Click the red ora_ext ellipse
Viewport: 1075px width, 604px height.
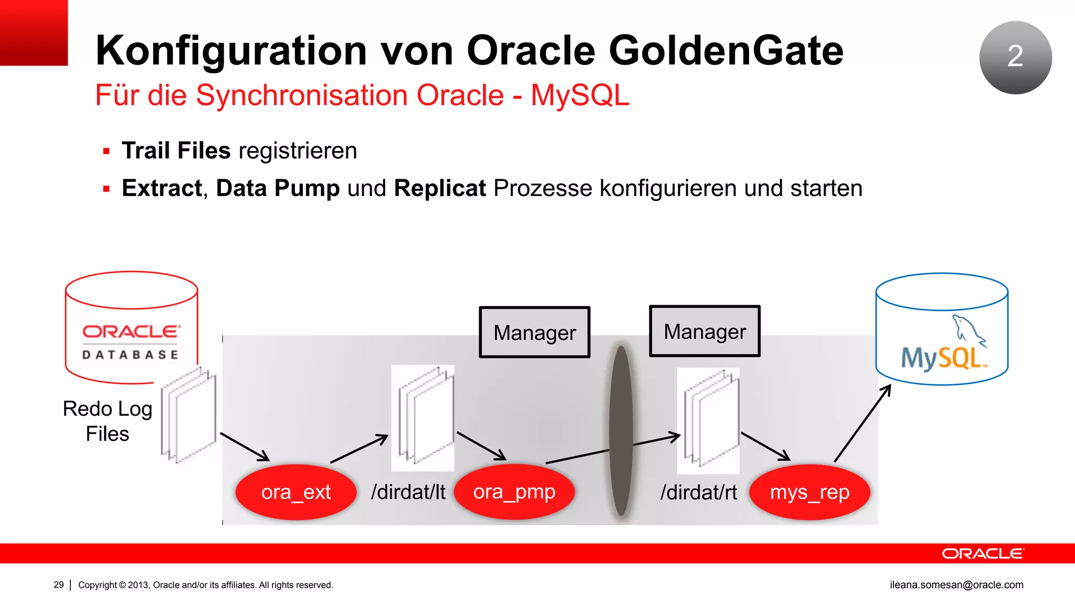(296, 492)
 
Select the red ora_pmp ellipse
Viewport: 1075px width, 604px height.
(514, 492)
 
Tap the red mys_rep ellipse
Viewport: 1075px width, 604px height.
(809, 492)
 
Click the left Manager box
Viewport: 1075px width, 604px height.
(534, 332)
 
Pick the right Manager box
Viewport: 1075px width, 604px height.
(704, 331)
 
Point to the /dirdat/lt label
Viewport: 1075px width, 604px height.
(408, 492)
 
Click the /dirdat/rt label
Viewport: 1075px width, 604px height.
(699, 492)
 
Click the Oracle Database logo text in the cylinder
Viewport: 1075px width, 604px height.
(131, 341)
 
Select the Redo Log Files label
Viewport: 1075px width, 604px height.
(108, 421)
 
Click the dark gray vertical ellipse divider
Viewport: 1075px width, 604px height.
(621, 430)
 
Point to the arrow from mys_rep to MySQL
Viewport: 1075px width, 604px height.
(862, 423)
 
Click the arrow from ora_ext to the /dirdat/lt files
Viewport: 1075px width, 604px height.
(359, 449)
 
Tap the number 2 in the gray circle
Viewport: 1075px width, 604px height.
(1015, 56)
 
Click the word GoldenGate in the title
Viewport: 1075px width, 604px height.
(725, 50)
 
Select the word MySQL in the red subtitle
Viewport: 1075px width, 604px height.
(579, 95)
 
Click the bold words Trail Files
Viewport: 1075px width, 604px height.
(176, 150)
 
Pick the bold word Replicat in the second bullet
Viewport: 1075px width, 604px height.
(440, 188)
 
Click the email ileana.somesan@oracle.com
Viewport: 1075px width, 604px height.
(956, 585)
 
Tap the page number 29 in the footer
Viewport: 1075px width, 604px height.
(59, 585)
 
